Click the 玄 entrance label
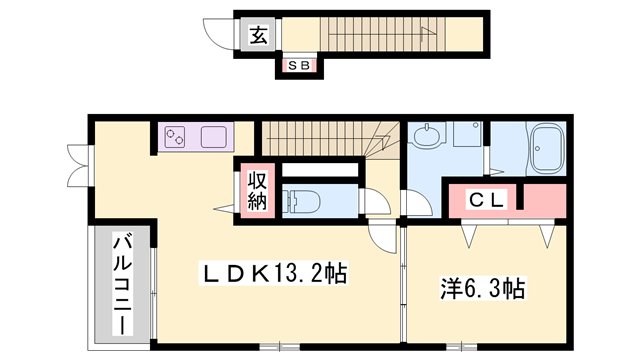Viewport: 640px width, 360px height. (258, 37)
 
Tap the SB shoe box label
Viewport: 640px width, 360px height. (298, 66)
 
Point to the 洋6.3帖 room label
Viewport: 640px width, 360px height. (483, 289)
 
